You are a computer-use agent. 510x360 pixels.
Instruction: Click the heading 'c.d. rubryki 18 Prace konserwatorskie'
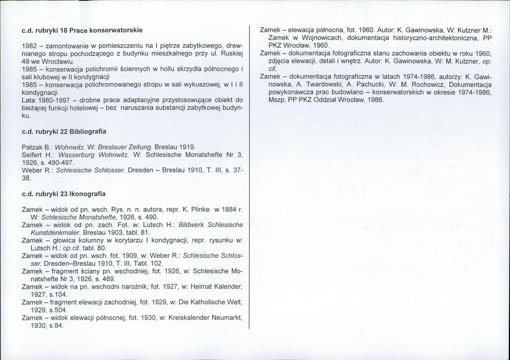[82, 31]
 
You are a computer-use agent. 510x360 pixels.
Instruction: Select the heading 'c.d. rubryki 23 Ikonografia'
[63, 194]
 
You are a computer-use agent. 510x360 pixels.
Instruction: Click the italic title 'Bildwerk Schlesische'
[205, 225]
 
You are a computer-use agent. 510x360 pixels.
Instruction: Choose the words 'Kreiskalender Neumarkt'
[205, 318]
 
